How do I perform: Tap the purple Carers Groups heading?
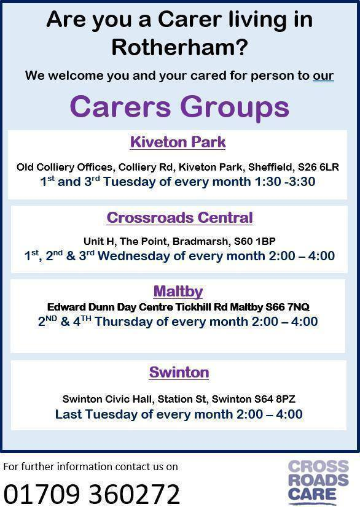coord(179,106)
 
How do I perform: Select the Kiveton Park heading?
coord(178,142)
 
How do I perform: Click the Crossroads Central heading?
coord(179,217)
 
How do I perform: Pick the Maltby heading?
coord(178,291)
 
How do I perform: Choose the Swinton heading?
coord(179,372)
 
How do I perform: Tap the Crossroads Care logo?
coord(318,482)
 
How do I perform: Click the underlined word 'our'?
coord(323,76)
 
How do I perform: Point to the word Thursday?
coord(123,321)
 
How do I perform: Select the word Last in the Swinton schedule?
coord(68,414)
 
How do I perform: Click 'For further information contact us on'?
coord(91,466)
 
